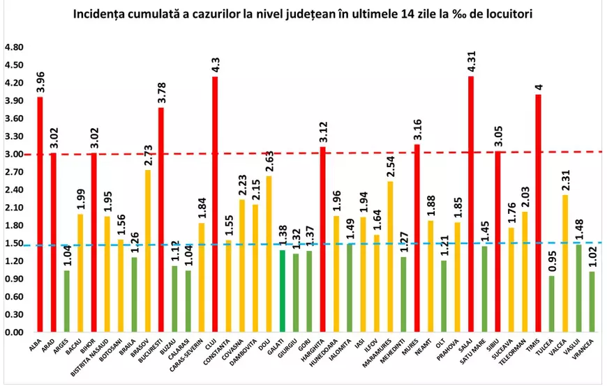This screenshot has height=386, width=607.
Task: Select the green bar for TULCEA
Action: point(551,304)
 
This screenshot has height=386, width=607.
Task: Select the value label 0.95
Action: point(551,259)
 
